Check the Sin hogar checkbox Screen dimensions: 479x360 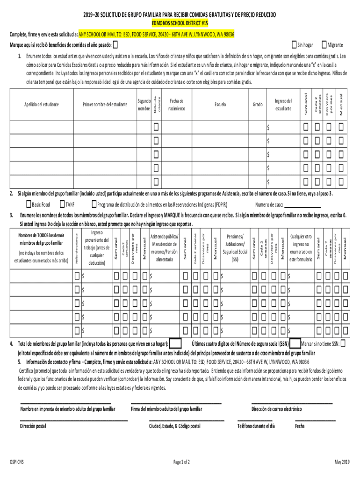point(294,45)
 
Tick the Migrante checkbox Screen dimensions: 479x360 point(324,45)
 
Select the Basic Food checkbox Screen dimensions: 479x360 point(28,204)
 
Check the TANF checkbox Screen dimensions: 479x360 point(62,204)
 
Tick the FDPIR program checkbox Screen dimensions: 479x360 point(94,204)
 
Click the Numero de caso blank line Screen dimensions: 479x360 point(303,205)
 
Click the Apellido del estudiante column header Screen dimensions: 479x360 point(42,104)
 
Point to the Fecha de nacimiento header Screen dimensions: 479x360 point(177,105)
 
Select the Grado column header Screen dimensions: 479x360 point(258,104)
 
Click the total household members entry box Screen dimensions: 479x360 point(175,344)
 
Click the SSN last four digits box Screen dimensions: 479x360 point(295,344)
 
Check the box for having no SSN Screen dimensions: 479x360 point(344,344)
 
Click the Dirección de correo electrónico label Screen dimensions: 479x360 point(276,409)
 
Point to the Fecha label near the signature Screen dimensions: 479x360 point(300,426)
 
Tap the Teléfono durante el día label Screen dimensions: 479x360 point(256,426)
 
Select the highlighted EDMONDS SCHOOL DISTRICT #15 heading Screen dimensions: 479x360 point(180,22)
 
